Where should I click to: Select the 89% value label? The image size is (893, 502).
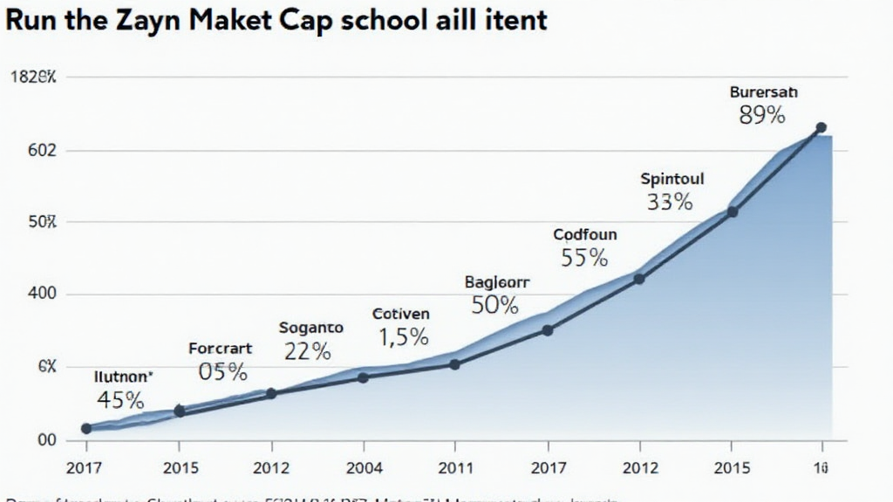tap(761, 115)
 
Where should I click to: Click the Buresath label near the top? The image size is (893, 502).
tap(763, 92)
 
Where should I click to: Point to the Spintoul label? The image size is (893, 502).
tap(671, 179)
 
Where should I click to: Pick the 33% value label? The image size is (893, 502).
tap(670, 202)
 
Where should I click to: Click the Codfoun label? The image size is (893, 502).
tap(584, 234)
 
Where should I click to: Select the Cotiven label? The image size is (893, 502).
tap(400, 313)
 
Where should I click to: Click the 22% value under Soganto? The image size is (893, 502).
tap(307, 351)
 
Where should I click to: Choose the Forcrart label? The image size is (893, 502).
tap(220, 349)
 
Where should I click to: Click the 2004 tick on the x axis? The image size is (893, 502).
tap(364, 468)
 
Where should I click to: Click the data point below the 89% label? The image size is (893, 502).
tap(821, 127)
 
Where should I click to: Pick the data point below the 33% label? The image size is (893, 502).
tap(733, 212)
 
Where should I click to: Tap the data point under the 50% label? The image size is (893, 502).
tap(547, 330)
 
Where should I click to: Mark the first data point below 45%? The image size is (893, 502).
tap(85, 428)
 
